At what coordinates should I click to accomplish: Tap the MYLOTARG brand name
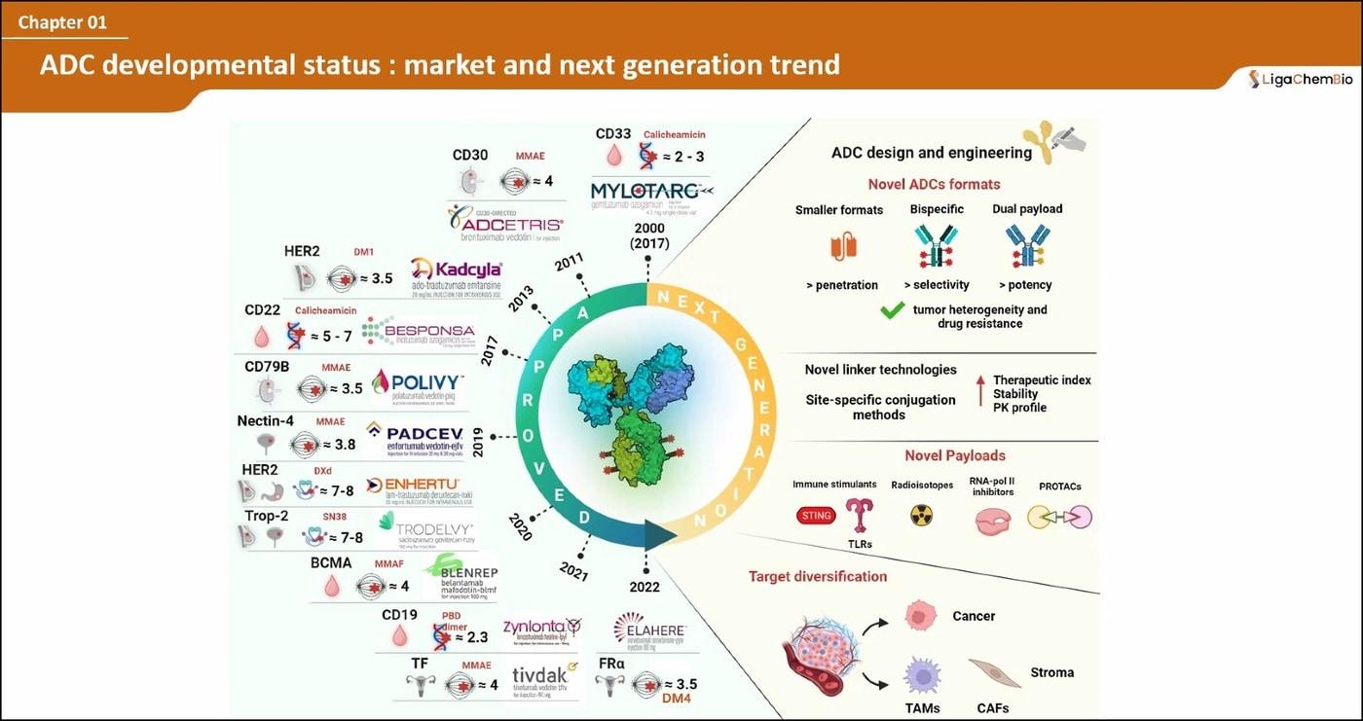[648, 191]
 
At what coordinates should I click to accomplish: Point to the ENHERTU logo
[413, 485]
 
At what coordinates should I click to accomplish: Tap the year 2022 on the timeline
[645, 587]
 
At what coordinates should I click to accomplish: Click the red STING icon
[816, 516]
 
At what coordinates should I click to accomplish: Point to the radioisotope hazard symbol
[921, 515]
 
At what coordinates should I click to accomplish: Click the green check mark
[892, 311]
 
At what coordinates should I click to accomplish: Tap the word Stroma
[1051, 672]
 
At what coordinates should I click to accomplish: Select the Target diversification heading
[818, 576]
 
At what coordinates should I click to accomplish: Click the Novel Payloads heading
[954, 455]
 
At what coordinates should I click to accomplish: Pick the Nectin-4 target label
[266, 421]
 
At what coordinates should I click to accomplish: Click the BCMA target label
[331, 562]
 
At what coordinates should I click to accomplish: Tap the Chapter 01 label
[62, 21]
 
